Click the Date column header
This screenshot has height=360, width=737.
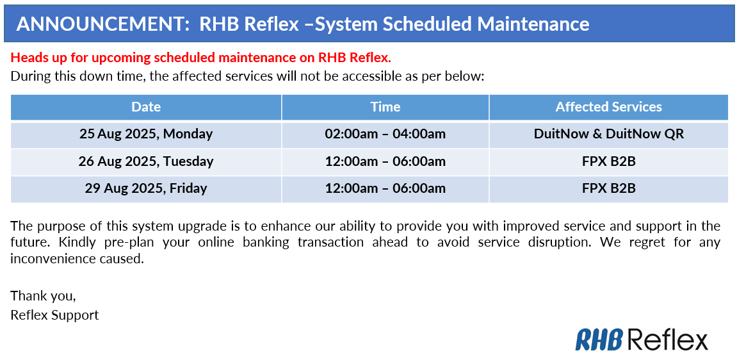[x=146, y=107]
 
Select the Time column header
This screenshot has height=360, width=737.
[x=385, y=107]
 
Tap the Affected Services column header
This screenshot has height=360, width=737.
[x=608, y=107]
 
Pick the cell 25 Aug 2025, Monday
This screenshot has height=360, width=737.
[x=146, y=134]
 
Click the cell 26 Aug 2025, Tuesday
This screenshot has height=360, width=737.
[x=146, y=161]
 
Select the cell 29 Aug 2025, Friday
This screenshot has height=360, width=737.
[x=146, y=188]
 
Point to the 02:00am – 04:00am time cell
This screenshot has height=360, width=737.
[x=385, y=134]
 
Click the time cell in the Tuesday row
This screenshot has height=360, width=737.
[x=385, y=161]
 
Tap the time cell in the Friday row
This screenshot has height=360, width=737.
[x=385, y=188]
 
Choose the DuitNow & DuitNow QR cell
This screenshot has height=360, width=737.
[x=608, y=134]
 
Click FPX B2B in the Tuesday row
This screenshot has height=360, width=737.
[x=608, y=161]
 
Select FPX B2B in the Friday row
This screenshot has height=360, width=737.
[x=608, y=188]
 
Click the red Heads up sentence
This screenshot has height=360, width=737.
[x=200, y=58]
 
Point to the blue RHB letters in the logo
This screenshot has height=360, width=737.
[x=599, y=340]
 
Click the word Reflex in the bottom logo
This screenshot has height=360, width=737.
[x=667, y=340]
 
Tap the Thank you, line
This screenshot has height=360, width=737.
[x=43, y=296]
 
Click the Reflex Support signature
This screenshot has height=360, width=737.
[x=54, y=315]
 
